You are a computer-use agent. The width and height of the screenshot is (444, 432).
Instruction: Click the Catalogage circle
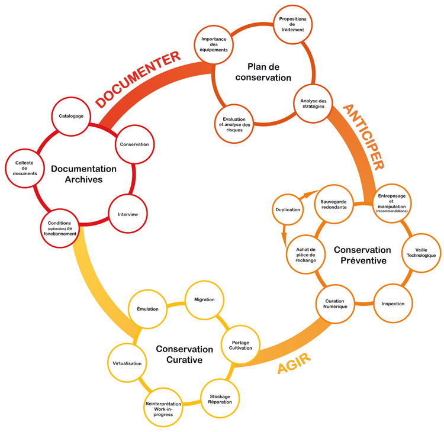pos(71,117)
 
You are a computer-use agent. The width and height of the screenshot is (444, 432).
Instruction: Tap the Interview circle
pos(128,214)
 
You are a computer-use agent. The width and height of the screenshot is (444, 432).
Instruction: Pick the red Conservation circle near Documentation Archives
pos(134,144)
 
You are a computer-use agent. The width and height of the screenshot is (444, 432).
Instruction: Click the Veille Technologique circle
pos(421,251)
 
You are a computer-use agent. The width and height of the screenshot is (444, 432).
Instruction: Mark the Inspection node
pos(392,304)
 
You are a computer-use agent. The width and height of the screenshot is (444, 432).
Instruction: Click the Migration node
pos(204,299)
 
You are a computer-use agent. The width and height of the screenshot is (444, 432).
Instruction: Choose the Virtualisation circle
pos(127,363)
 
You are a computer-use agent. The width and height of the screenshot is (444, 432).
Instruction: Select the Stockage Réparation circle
pos(220,399)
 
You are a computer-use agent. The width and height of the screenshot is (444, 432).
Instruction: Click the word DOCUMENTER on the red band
pos(137,78)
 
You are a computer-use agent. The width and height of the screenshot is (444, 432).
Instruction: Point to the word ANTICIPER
pos(363,136)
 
